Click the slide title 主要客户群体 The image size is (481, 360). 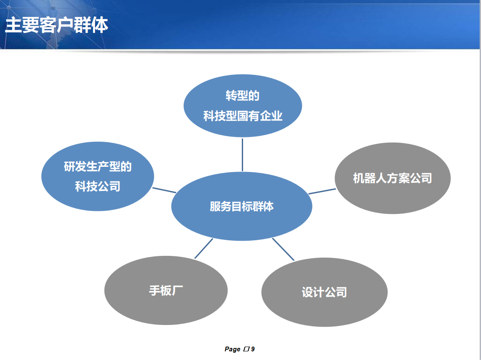click(57, 26)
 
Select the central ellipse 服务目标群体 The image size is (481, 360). click(241, 206)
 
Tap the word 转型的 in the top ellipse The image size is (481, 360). click(243, 96)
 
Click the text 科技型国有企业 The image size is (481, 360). click(243, 116)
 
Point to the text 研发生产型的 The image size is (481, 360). click(98, 166)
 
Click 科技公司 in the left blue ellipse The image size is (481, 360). click(98, 186)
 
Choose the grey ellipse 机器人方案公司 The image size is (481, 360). click(392, 178)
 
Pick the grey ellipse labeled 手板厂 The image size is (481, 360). click(166, 290)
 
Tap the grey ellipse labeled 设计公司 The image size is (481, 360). click(324, 293)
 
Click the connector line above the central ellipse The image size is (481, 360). click(242, 155)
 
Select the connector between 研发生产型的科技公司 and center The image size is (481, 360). click(164, 190)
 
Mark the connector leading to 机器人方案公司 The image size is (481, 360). click(322, 191)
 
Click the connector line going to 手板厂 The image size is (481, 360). click(204, 248)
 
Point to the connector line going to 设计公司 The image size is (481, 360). click(283, 249)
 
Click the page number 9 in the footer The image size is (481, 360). click(253, 349)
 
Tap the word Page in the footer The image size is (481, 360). click(232, 349)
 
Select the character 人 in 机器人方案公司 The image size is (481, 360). click(381, 178)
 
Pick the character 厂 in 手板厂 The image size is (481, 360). click(177, 290)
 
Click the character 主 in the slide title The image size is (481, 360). click(13, 26)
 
